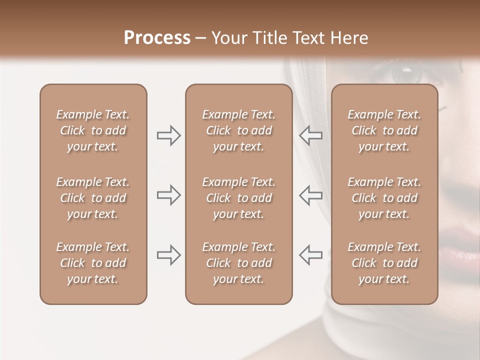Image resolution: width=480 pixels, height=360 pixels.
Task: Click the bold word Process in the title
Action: pyautogui.click(x=157, y=38)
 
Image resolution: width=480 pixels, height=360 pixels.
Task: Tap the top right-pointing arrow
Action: pyautogui.click(x=169, y=135)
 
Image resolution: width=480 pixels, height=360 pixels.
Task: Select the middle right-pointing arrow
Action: pyautogui.click(x=169, y=195)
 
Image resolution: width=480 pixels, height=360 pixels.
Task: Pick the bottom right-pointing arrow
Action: pyautogui.click(x=169, y=255)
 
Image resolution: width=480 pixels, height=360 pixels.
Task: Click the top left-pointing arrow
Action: pyautogui.click(x=310, y=135)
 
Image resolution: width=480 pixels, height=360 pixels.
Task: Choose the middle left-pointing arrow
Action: pyautogui.click(x=310, y=195)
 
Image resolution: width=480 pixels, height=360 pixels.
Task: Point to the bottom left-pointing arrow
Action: pyautogui.click(x=310, y=255)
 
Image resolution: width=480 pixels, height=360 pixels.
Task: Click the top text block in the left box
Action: pyautogui.click(x=93, y=130)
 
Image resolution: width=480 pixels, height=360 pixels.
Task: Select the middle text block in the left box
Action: pyautogui.click(x=93, y=198)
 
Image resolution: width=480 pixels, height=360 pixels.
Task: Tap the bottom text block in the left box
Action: pyautogui.click(x=93, y=263)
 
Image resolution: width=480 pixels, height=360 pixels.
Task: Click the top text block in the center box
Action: pyautogui.click(x=238, y=130)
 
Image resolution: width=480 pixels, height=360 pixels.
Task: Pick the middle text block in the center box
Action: pyautogui.click(x=238, y=198)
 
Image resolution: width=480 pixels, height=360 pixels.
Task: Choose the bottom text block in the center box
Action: pyautogui.click(x=238, y=263)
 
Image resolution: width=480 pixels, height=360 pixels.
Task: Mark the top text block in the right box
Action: pyautogui.click(x=384, y=130)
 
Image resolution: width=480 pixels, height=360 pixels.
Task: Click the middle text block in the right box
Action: pyautogui.click(x=384, y=198)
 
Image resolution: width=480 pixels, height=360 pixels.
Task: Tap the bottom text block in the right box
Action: pyautogui.click(x=384, y=263)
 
